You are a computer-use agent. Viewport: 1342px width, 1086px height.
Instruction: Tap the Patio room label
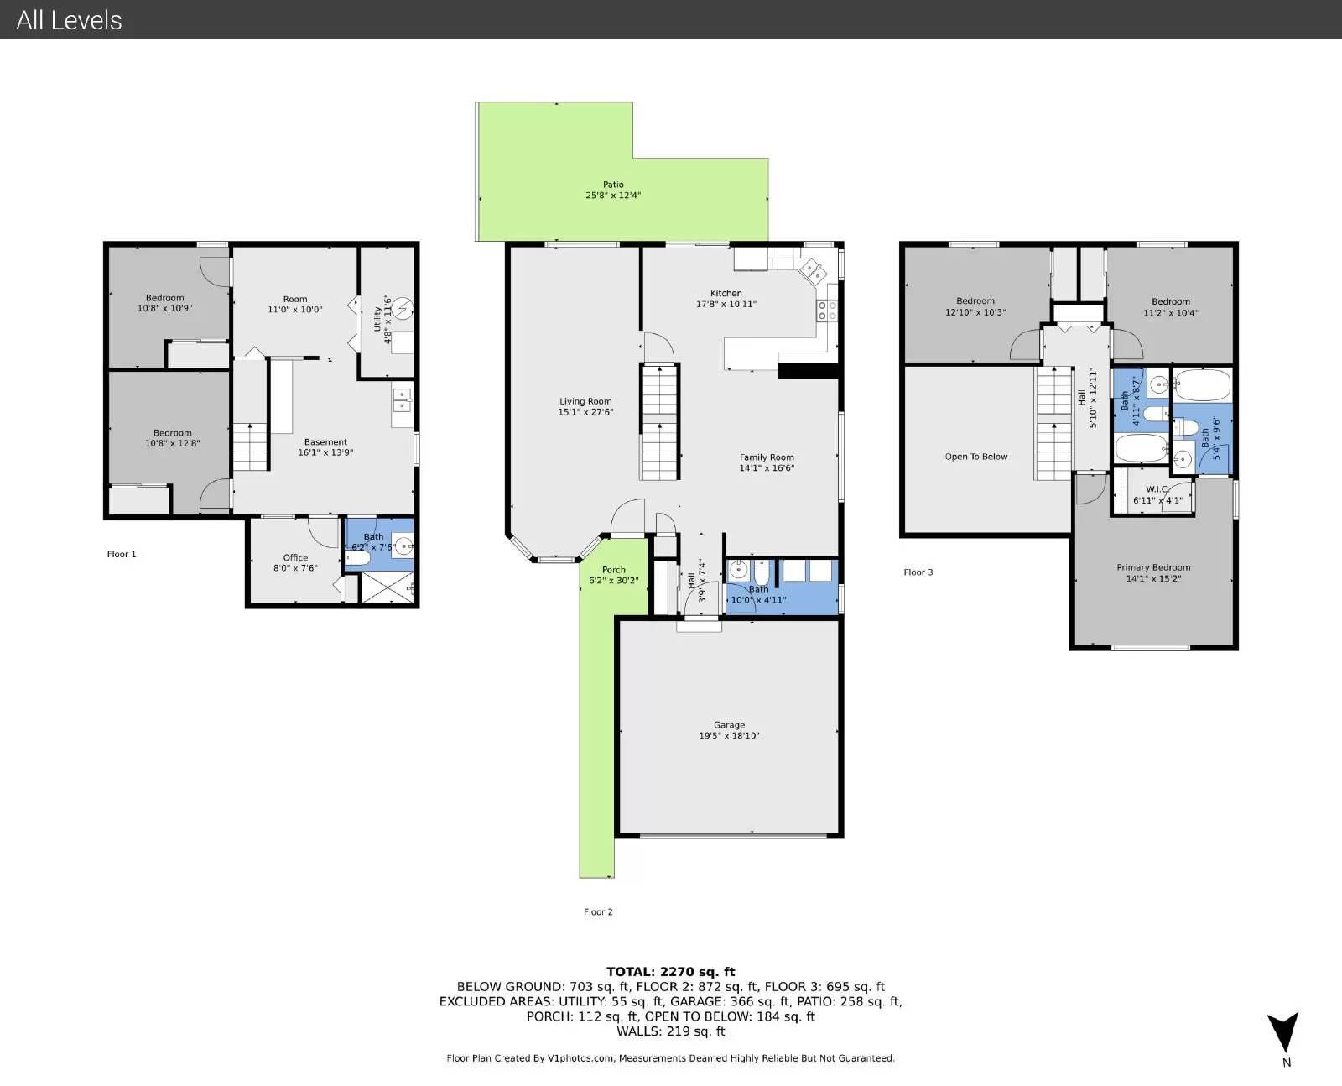(x=613, y=185)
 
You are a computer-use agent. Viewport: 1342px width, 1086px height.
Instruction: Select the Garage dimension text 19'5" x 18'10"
(x=729, y=735)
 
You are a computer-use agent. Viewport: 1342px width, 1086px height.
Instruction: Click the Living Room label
(x=585, y=401)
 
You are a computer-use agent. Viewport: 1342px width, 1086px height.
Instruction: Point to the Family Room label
(x=767, y=457)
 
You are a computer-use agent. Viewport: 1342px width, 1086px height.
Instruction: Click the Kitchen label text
(x=726, y=293)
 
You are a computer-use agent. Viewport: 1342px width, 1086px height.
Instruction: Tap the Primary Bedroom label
(x=1153, y=567)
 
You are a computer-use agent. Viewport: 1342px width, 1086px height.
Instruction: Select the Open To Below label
(x=976, y=457)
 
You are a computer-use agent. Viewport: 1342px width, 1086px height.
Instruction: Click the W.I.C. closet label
(x=1157, y=489)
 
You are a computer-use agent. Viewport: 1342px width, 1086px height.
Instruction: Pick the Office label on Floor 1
(x=295, y=557)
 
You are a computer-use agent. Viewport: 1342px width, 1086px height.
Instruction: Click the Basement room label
(x=325, y=441)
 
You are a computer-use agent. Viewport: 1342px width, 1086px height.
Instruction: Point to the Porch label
(x=614, y=570)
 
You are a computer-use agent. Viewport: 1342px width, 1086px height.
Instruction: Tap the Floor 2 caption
(x=598, y=911)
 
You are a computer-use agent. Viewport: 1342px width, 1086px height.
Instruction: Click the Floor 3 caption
(x=918, y=572)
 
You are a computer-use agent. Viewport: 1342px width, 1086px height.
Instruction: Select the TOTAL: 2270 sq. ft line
(x=670, y=971)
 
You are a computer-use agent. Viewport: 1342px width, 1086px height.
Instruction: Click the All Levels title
(x=69, y=20)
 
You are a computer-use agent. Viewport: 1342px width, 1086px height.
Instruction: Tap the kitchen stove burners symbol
(x=827, y=311)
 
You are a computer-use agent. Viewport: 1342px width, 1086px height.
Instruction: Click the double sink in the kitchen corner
(x=813, y=272)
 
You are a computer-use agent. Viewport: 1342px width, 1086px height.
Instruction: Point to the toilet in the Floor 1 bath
(x=358, y=558)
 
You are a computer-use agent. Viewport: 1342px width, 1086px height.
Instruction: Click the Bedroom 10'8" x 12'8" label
(x=173, y=438)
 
